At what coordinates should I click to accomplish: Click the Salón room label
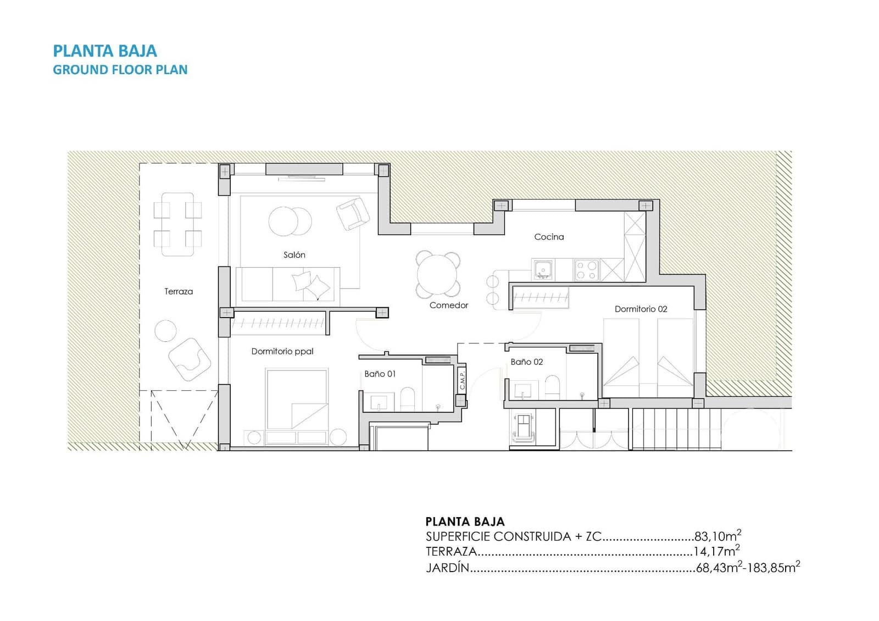(294, 255)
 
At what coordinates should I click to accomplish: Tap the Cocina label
(549, 237)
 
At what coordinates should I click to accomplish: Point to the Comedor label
(449, 306)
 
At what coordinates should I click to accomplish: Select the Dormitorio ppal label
(282, 351)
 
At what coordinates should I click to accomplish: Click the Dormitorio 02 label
(641, 309)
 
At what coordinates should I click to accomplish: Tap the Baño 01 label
(380, 374)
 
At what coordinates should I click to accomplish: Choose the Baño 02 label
(526, 362)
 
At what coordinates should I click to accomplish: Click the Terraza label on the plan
(179, 292)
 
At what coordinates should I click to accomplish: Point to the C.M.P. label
(462, 380)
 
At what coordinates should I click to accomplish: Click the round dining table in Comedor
(438, 274)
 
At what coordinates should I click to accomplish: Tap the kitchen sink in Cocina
(543, 270)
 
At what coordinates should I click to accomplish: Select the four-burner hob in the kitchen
(586, 270)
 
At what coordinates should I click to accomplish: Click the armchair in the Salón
(352, 214)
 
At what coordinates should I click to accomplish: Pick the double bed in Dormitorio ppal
(297, 398)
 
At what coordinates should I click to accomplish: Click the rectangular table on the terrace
(177, 224)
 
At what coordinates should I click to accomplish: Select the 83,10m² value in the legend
(717, 536)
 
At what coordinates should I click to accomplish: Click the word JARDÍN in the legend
(447, 568)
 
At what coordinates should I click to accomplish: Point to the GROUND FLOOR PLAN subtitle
(120, 70)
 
